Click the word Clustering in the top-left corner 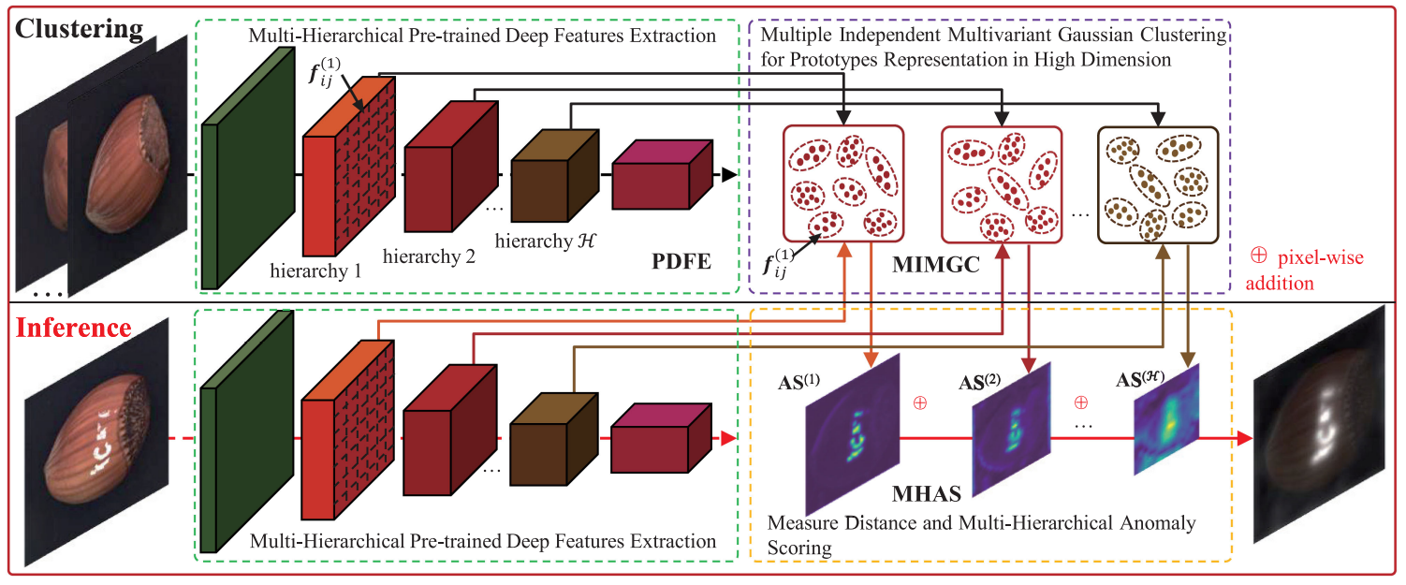(79, 28)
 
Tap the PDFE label (681, 259)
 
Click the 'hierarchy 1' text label (316, 271)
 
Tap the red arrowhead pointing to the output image (1244, 437)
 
